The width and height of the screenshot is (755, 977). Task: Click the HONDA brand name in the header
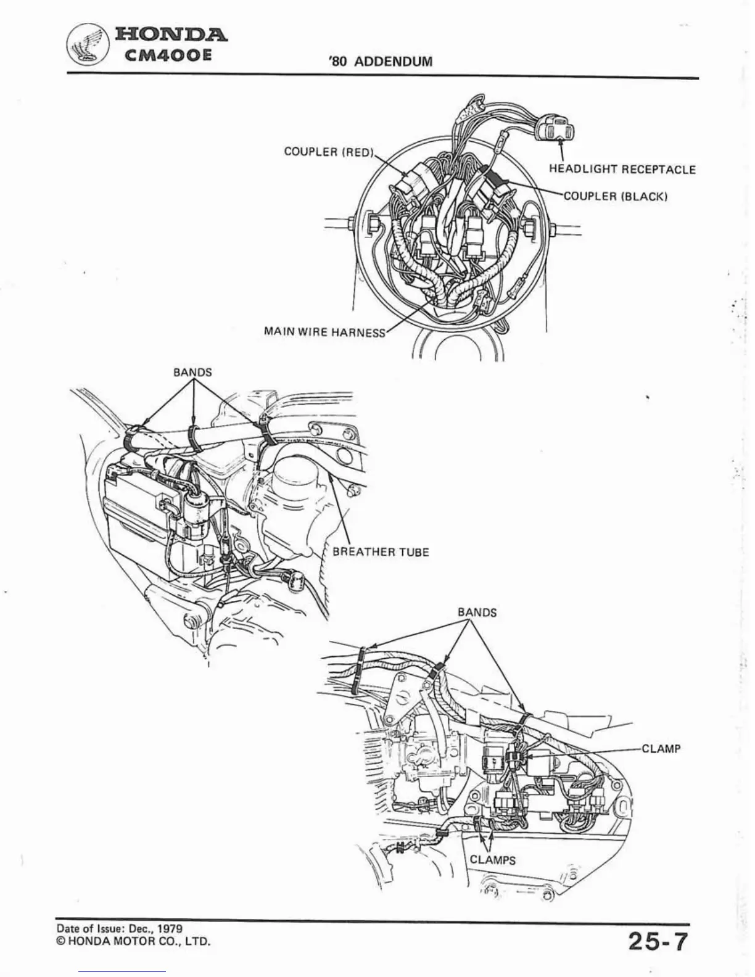pyautogui.click(x=170, y=35)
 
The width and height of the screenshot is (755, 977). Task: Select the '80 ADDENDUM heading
pyautogui.click(x=381, y=62)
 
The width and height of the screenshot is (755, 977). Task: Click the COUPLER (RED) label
pyautogui.click(x=329, y=152)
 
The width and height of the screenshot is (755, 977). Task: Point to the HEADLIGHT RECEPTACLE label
pyautogui.click(x=622, y=170)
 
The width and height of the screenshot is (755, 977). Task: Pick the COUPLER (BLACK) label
pyautogui.click(x=616, y=197)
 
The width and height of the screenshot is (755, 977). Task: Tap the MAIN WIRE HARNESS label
pyautogui.click(x=324, y=332)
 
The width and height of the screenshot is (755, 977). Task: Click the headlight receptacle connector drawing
pyautogui.click(x=555, y=128)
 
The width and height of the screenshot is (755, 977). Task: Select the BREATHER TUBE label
pyautogui.click(x=381, y=552)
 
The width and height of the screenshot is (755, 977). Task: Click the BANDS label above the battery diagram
pyautogui.click(x=192, y=373)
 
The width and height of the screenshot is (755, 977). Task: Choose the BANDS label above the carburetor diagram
pyautogui.click(x=477, y=612)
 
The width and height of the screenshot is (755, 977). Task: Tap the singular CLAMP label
pyautogui.click(x=661, y=749)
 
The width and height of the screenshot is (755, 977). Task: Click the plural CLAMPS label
pyautogui.click(x=492, y=860)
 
